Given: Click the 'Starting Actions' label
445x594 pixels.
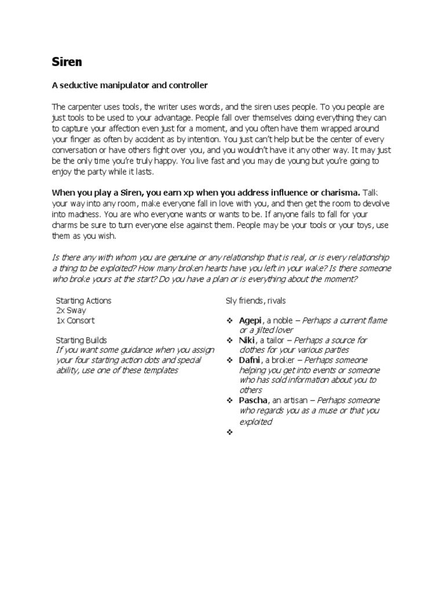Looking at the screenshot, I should pyautogui.click(x=83, y=300).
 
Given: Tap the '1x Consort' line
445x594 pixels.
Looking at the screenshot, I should pyautogui.click(x=75, y=320).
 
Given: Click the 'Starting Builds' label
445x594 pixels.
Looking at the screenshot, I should pyautogui.click(x=81, y=341).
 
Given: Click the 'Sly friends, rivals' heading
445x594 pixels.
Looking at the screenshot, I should pyautogui.click(x=256, y=300).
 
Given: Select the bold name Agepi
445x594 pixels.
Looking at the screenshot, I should pyautogui.click(x=251, y=320).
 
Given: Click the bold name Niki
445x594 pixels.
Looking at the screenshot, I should pyautogui.click(x=247, y=341).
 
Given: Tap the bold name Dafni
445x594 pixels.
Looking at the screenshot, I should pyautogui.click(x=250, y=360).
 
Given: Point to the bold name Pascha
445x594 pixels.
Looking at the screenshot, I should pyautogui.click(x=253, y=400).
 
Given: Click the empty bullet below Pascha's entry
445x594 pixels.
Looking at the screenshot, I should pyautogui.click(x=229, y=432).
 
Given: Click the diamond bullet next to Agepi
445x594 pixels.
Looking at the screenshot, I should pyautogui.click(x=229, y=321).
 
